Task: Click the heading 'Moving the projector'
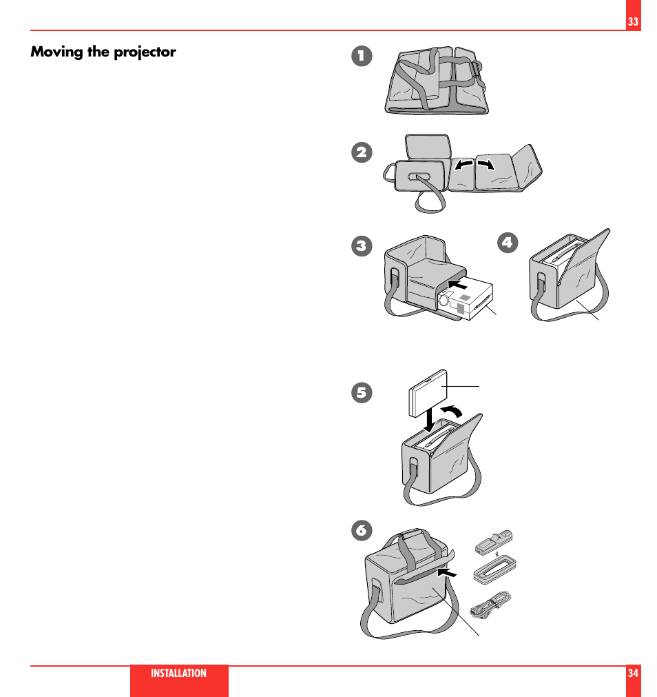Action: pyautogui.click(x=103, y=52)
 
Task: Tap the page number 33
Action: pyautogui.click(x=633, y=22)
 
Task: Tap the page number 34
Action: pyautogui.click(x=633, y=674)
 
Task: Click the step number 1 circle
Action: pyautogui.click(x=360, y=57)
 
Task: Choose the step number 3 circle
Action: pyautogui.click(x=360, y=245)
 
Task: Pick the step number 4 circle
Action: pyautogui.click(x=508, y=242)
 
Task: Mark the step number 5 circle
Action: pyautogui.click(x=360, y=392)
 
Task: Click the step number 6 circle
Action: pyautogui.click(x=360, y=529)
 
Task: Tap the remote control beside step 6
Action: pyautogui.click(x=494, y=541)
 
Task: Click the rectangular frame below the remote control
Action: pyautogui.click(x=494, y=572)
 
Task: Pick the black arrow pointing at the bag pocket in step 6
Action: pyautogui.click(x=447, y=572)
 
